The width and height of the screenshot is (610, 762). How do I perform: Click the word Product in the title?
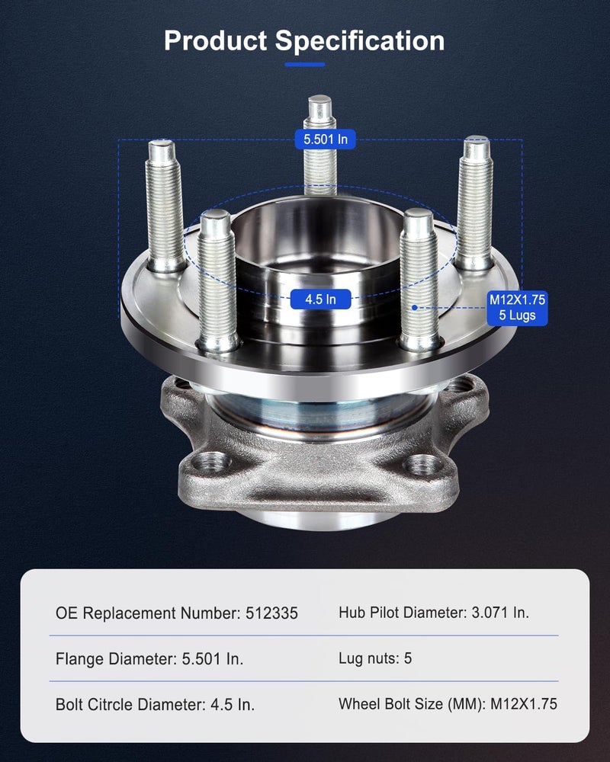[216, 41]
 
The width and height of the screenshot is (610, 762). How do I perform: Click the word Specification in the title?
[359, 42]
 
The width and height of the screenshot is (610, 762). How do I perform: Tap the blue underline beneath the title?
[304, 64]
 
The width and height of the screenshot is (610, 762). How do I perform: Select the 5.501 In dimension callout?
[325, 139]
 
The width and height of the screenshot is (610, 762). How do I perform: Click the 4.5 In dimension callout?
[320, 299]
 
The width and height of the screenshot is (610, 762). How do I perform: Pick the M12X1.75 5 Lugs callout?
[518, 308]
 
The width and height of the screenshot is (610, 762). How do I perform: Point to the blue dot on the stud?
[415, 308]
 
